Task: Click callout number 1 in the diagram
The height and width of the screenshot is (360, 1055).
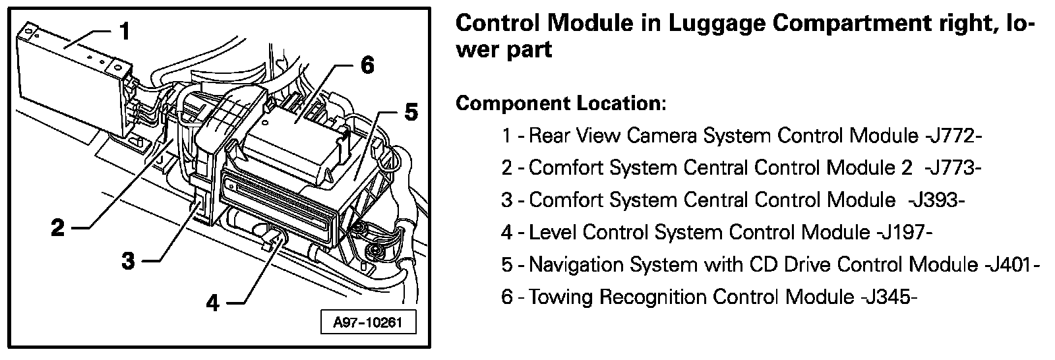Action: [125, 31]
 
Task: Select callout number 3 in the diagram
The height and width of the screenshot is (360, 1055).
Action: [129, 261]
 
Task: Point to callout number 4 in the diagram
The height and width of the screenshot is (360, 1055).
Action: [212, 303]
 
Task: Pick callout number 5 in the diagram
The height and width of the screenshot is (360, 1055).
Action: [410, 113]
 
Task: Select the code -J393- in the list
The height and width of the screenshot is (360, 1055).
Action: [936, 200]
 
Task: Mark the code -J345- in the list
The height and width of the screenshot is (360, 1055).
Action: [888, 297]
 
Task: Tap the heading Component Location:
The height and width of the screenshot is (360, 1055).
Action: [561, 104]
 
